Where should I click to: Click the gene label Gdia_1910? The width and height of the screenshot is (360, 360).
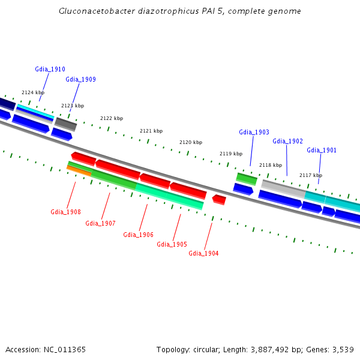tap(50, 70)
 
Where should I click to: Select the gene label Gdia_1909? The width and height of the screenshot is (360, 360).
tap(80, 79)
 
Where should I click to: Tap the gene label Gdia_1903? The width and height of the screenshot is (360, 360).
tap(254, 132)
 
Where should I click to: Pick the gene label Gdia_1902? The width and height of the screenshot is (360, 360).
tap(287, 142)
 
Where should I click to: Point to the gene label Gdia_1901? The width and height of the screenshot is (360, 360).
tap(322, 150)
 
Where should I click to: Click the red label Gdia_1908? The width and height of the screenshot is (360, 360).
tap(65, 212)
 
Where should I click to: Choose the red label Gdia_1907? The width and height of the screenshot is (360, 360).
tap(100, 223)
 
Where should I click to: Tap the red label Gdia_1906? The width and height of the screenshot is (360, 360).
tap(138, 235)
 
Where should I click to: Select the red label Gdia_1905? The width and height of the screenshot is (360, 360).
tap(172, 244)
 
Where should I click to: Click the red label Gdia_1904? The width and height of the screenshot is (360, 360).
tap(203, 253)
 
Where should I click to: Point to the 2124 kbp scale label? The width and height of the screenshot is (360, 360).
tap(33, 92)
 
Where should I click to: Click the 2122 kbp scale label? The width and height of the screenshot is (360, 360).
tap(112, 118)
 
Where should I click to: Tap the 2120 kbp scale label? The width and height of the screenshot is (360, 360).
tap(191, 142)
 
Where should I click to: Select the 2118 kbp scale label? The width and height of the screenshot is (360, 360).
tap(271, 165)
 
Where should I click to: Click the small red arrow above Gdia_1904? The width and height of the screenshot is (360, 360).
tap(219, 199)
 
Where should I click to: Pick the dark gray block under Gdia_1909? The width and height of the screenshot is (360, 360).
tap(65, 124)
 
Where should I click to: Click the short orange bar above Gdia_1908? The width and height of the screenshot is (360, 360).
tap(79, 171)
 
